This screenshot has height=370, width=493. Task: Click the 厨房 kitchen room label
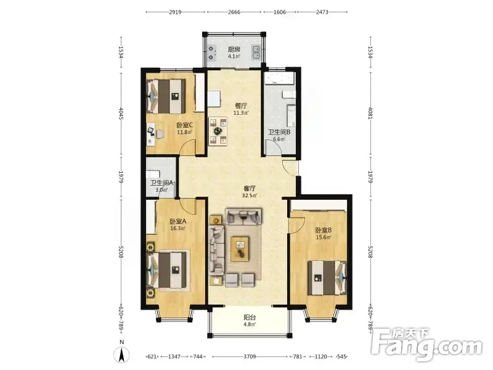point(234,49)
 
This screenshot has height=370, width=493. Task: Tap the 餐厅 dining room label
point(241,105)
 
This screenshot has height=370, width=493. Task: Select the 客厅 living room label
point(250,189)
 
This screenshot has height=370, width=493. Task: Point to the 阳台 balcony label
point(250,318)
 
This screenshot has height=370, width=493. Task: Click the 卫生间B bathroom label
point(279,132)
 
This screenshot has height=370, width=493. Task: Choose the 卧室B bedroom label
point(324,230)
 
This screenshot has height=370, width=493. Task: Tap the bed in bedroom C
point(166,96)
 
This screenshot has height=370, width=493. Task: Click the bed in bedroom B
point(327,277)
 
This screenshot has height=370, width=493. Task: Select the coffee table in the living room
point(240,249)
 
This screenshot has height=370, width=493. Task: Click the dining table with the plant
point(218,131)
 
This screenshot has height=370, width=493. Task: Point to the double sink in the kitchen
point(256,52)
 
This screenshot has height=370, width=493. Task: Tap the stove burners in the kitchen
point(211,53)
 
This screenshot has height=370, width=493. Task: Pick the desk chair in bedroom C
point(160,134)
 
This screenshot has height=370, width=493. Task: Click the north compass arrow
point(122,355)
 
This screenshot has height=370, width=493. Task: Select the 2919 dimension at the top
point(175,12)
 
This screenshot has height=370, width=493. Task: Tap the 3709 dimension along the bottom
point(250,356)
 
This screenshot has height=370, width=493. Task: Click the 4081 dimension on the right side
point(370,113)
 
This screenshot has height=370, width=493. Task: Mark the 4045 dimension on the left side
point(121,113)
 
